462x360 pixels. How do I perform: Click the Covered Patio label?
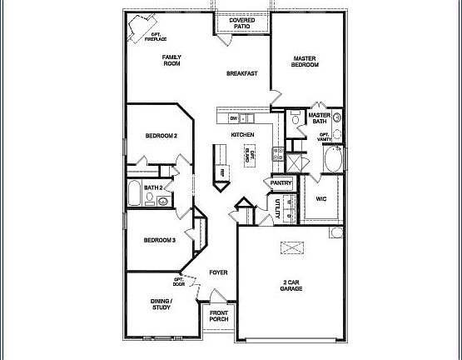coord(242,22)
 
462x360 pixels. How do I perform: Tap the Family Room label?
coord(172,60)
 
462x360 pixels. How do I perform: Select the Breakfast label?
coord(242,74)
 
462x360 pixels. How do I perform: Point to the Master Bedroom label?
coord(306,62)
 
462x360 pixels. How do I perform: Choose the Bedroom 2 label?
coord(161,135)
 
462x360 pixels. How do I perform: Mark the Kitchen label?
coord(242,134)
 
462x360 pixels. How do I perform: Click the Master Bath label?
coord(320,119)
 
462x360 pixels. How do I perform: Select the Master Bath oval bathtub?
coord(332,158)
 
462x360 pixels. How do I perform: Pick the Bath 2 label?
coord(153,188)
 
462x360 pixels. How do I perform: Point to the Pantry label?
coord(281,183)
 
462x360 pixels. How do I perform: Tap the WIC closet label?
coord(321,198)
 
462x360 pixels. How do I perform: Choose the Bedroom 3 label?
coord(159,241)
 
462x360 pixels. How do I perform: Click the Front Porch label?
coord(219,317)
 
